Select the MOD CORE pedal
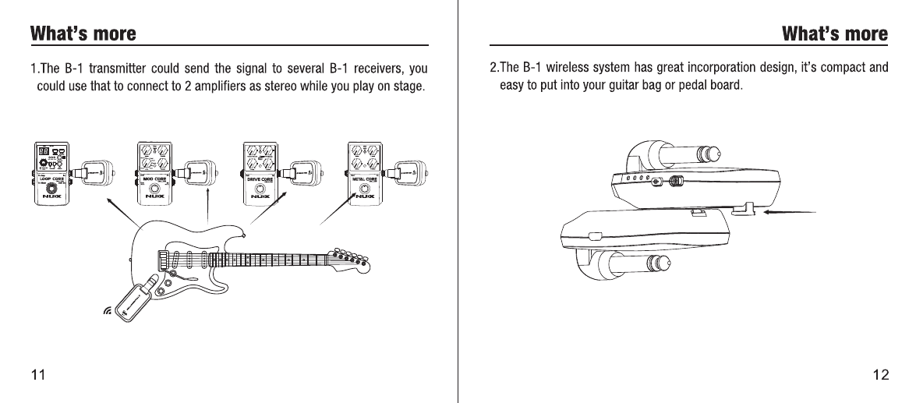click(154, 173)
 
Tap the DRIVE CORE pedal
click(262, 173)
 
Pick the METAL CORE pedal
click(367, 173)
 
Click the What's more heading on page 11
click(83, 34)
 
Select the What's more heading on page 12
click(835, 34)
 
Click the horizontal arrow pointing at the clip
click(789, 211)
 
